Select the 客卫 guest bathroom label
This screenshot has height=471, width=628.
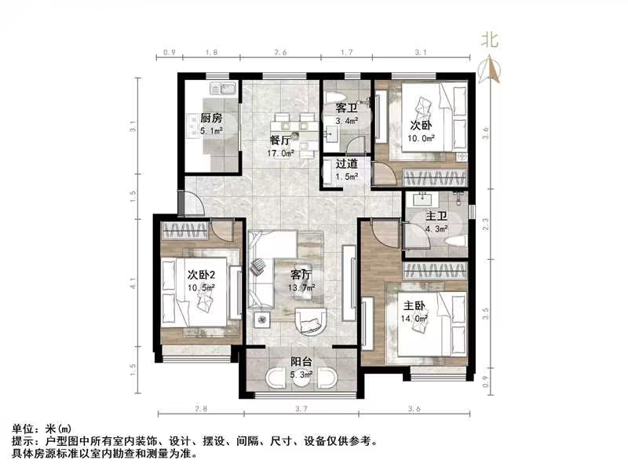(346, 108)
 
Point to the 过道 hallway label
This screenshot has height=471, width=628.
(347, 164)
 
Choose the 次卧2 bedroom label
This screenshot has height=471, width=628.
(202, 275)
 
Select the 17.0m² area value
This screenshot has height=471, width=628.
(282, 154)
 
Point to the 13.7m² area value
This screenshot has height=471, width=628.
(302, 288)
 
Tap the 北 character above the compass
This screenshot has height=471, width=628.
(491, 38)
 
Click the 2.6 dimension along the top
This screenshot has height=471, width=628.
(280, 53)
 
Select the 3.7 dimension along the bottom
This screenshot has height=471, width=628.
(301, 409)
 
